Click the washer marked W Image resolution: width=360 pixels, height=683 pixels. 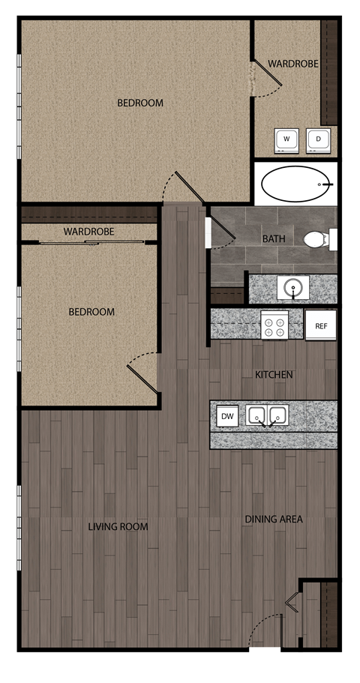point(285,139)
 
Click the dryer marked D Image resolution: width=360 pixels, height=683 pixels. point(317,139)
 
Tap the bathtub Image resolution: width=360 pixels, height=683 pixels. point(295,184)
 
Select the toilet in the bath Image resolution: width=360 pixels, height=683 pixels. point(318,239)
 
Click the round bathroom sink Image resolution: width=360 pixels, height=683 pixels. point(292,287)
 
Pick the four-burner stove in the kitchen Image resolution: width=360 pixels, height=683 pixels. point(274,325)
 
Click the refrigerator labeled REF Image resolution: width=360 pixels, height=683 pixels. point(321,326)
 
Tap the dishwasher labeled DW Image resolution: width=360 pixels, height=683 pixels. point(227,415)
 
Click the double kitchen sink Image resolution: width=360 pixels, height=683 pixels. point(268,415)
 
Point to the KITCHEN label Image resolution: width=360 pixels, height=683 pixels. point(274,374)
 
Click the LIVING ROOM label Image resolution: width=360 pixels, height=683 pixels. point(118,527)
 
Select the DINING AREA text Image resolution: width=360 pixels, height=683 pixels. point(274,519)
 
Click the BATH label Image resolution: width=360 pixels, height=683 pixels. point(273,239)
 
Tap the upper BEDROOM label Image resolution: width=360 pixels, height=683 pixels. point(139,103)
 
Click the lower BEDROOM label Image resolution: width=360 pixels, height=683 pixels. point(91,312)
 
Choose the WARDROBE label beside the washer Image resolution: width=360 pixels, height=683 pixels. point(293,64)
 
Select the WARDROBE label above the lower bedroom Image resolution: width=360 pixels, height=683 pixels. point(88,232)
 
